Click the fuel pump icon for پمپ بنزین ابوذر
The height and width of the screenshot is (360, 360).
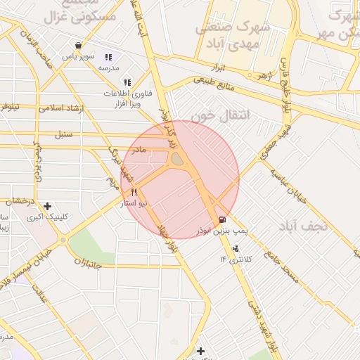[x=223, y=219]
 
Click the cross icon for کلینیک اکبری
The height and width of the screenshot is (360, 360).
[x=47, y=207]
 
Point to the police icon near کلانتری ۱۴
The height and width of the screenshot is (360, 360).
[x=235, y=248]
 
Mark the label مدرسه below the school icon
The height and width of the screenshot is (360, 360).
[x=108, y=68]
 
